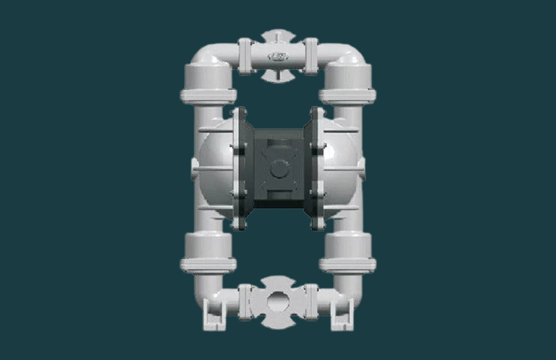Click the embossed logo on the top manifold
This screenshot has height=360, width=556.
click(278, 56)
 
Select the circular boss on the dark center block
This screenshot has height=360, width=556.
click(279, 169)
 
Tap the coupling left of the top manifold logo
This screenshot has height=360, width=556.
click(245, 56)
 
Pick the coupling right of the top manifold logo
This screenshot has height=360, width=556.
click(311, 56)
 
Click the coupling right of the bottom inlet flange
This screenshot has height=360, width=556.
click(311, 302)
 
